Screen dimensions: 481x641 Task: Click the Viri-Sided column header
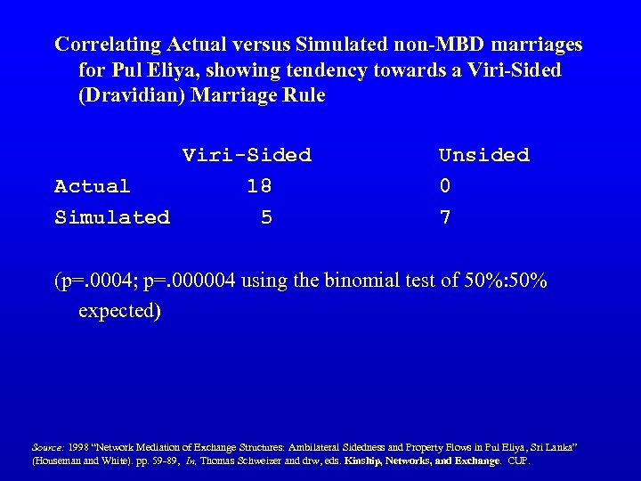click(x=247, y=155)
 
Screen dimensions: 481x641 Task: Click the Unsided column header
click(x=483, y=155)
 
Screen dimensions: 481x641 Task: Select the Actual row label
click(x=93, y=186)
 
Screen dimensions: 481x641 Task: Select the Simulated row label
click(x=112, y=217)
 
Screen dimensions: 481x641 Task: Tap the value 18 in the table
click(x=259, y=186)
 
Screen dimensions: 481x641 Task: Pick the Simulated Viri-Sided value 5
click(x=266, y=217)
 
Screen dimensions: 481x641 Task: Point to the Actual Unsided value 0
click(x=445, y=186)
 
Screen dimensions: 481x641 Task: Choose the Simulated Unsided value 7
click(x=445, y=217)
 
